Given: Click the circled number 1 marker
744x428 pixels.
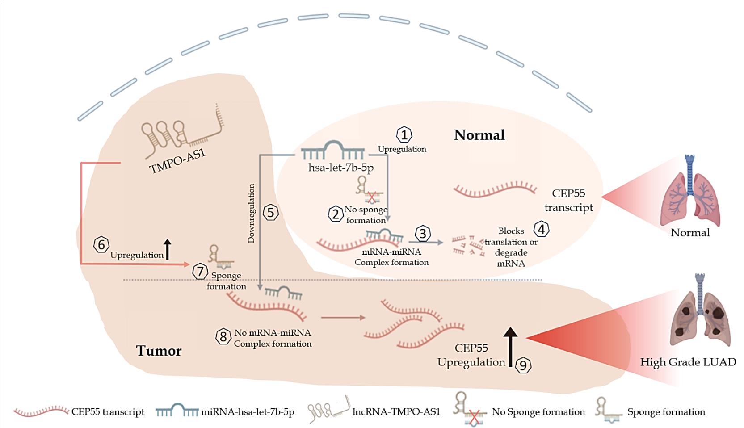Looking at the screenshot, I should (404, 134).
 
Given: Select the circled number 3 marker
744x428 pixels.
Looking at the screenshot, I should (423, 233).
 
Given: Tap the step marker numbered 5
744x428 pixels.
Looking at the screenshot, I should (270, 212).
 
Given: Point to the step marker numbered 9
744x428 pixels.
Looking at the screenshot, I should (523, 365).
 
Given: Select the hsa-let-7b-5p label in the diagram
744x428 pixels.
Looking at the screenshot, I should (341, 168).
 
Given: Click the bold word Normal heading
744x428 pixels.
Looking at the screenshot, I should (479, 135).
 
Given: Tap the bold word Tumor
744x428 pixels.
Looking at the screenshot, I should (159, 351).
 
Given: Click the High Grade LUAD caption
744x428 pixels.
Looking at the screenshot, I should (688, 362).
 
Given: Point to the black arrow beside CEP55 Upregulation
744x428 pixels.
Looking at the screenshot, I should (511, 346).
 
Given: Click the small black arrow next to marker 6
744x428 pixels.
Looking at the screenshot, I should (168, 249).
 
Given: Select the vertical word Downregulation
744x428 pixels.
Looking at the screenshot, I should (251, 213).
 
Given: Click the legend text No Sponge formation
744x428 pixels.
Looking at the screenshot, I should (538, 411).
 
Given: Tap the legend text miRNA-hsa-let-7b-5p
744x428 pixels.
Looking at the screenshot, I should (248, 411).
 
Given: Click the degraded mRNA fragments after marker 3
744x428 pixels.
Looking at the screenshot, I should (467, 246).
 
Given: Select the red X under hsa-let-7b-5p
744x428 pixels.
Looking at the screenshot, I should (371, 197).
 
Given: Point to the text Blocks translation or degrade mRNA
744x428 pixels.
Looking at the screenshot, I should (511, 247).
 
